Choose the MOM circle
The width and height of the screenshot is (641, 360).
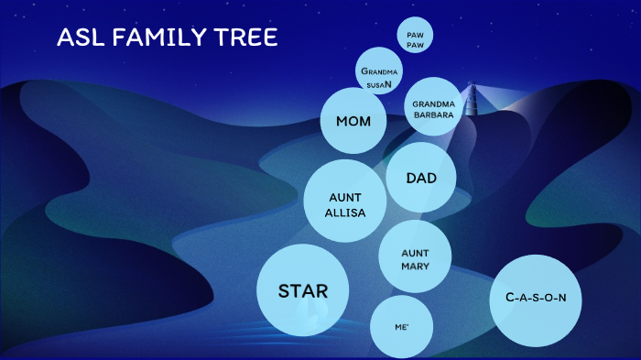tap(353, 121)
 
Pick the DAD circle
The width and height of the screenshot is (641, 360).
tap(421, 177)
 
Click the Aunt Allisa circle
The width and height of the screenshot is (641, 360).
tap(345, 204)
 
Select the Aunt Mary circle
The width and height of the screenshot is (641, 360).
tap(415, 259)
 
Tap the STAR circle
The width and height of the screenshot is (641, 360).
tap(302, 290)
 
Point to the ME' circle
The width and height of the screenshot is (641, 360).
tap(401, 326)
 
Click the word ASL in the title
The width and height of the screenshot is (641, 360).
tap(78, 38)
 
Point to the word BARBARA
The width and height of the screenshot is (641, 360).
tap(433, 115)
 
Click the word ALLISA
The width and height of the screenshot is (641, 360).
tap(345, 213)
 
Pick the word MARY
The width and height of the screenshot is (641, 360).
tap(415, 267)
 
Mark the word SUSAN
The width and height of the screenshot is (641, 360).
tap(379, 84)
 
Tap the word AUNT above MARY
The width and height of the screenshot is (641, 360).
tap(415, 252)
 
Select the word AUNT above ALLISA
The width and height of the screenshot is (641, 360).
tap(345, 197)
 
